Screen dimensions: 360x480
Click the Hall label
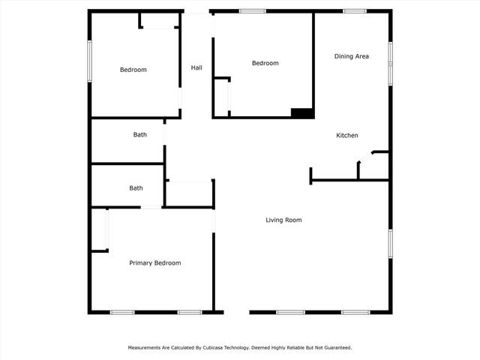click(196, 68)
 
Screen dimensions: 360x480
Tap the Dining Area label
click(352, 56)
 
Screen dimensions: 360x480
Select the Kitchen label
click(346, 136)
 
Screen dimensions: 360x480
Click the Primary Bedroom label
click(155, 263)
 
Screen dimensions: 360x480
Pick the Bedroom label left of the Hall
click(133, 70)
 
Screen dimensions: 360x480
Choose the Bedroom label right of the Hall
click(265, 64)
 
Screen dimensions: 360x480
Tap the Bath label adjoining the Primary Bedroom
click(136, 188)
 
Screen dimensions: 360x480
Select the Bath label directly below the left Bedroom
click(140, 135)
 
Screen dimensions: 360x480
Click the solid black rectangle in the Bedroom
click(301, 113)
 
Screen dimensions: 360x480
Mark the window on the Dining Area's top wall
click(354, 11)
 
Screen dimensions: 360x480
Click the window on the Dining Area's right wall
click(390, 63)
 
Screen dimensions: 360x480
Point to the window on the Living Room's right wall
click(390, 244)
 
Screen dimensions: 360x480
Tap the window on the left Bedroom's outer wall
click(89, 61)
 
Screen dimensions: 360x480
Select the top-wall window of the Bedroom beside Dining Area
click(252, 11)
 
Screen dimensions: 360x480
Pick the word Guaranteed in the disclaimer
click(335, 348)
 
